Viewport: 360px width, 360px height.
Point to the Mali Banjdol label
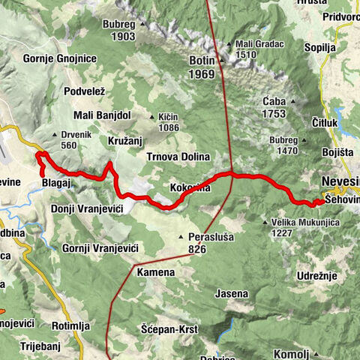103,115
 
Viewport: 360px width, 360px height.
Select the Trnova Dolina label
178,156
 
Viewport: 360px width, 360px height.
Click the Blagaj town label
56,181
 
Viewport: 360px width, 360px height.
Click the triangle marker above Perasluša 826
179,237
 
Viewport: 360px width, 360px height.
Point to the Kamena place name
155,272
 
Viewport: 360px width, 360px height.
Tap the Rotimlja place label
71,325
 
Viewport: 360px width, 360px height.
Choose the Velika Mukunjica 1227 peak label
296,227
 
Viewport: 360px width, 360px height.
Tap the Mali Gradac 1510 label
255,48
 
